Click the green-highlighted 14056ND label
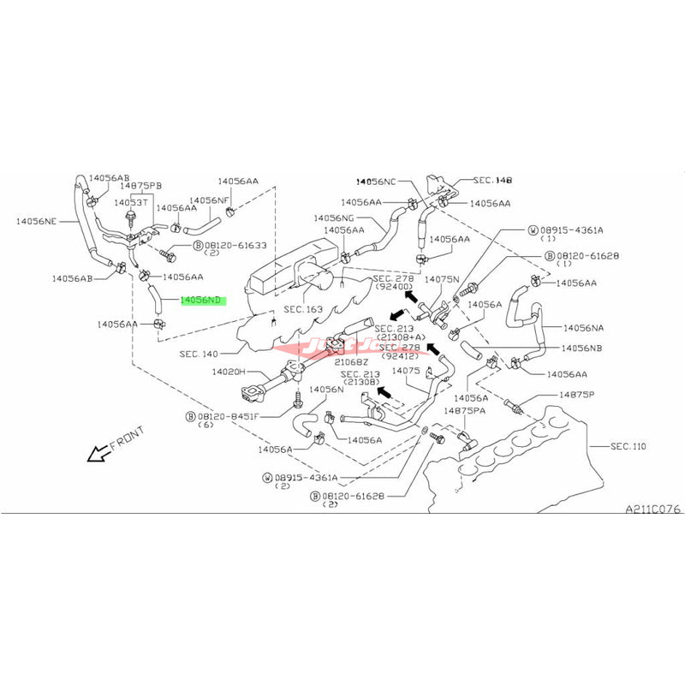201,301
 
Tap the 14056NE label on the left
36,221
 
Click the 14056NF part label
212,200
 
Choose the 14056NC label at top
377,182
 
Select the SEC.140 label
200,354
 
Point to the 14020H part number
205,372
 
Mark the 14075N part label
443,279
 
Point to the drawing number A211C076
652,509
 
